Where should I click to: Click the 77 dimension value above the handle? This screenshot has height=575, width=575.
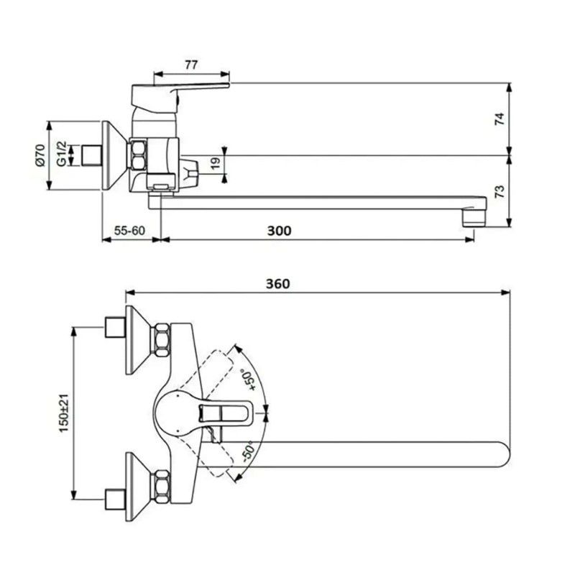pos(190,65)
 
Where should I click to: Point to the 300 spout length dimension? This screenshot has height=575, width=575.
pos(279,230)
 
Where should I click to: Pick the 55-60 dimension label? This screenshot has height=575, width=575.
pos(129,230)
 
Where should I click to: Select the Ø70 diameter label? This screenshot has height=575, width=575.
pos(40,156)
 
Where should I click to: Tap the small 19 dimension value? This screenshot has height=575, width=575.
pos(215,163)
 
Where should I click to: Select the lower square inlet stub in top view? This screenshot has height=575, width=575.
pos(114,495)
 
